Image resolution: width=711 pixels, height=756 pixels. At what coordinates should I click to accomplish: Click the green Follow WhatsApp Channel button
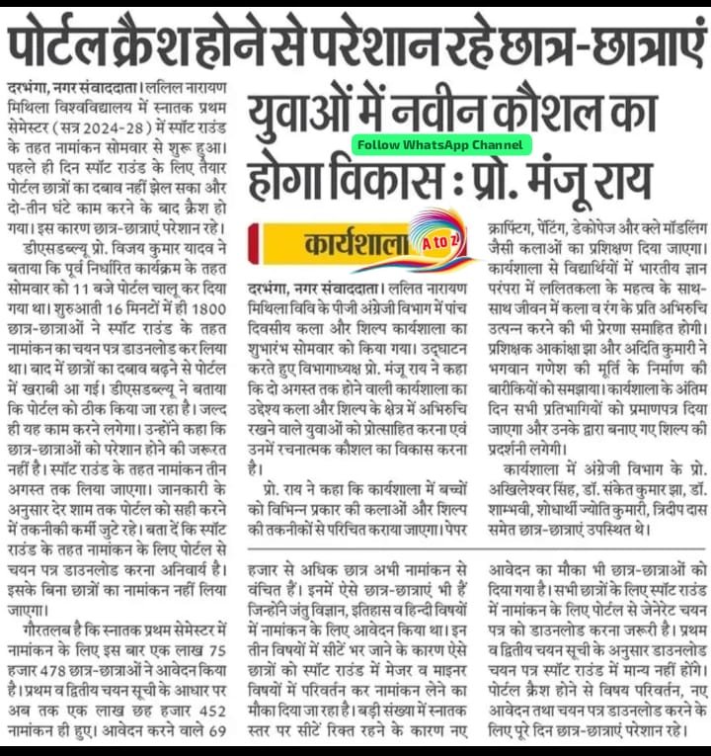pos(439,144)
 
